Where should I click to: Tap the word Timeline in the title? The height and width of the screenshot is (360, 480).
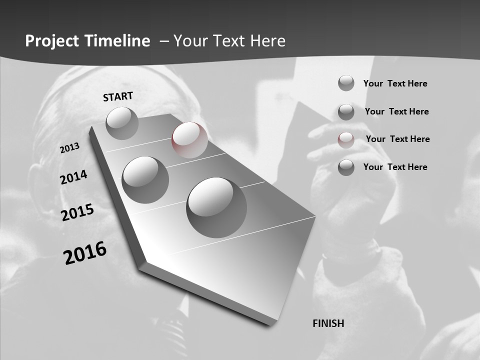tap(119, 41)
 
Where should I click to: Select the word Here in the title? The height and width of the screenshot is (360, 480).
tap(267, 41)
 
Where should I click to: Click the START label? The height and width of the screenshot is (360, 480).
tap(118, 96)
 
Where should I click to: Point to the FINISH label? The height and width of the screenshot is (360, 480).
tap(328, 323)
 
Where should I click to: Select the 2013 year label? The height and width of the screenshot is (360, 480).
tap(70, 148)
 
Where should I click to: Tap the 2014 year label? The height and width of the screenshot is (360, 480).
tap(74, 177)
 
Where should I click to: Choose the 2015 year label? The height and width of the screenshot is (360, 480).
tap(77, 212)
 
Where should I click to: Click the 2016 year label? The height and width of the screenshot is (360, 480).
tap(85, 252)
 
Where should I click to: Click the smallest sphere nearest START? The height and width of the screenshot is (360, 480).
tap(122, 123)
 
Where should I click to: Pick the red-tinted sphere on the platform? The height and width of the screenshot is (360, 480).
tap(189, 140)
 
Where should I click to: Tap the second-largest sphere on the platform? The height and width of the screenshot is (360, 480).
tap(145, 179)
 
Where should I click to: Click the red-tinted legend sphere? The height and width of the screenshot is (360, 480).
tap(346, 140)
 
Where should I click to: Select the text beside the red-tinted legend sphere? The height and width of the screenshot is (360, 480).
tap(397, 139)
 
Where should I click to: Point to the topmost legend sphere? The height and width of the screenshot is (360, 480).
tap(346, 83)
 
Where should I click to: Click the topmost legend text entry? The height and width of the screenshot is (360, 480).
tap(395, 83)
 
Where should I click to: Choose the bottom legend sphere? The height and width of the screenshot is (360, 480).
tap(346, 167)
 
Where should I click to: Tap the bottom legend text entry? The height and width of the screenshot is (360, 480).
tap(395, 167)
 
